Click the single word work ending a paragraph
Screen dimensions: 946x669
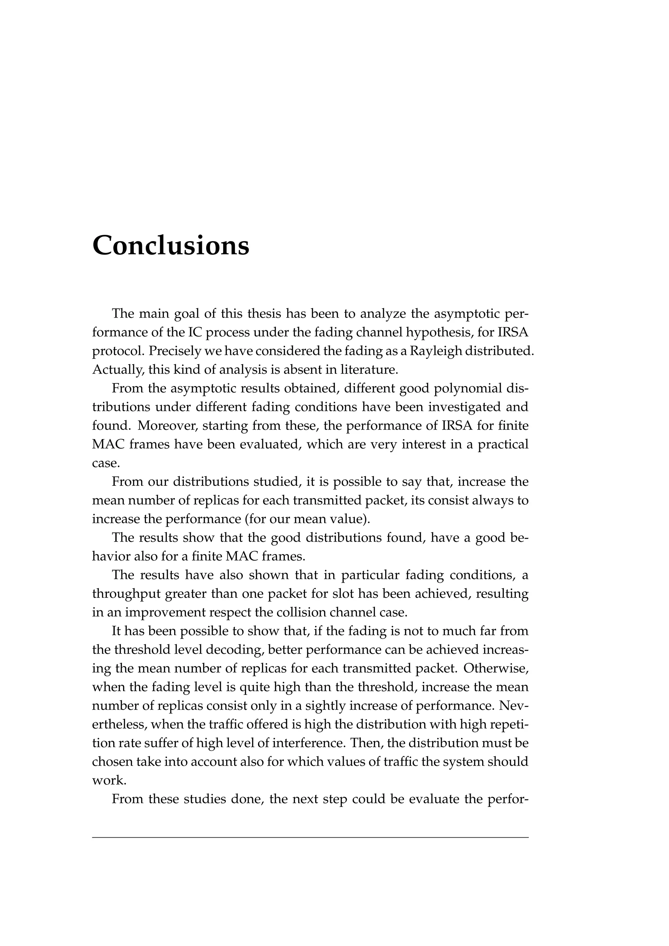coord(108,781)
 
